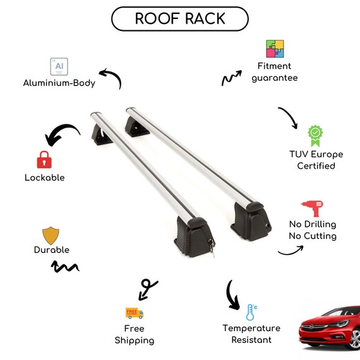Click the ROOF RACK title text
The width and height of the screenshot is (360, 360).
click(180, 18)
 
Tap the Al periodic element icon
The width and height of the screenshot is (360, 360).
click(59, 66)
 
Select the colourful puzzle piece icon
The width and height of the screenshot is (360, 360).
click(275, 49)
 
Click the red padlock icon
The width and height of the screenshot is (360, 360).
click(44, 160)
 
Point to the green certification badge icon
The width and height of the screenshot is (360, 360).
click(315, 136)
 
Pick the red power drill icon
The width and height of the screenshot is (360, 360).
click(312, 208)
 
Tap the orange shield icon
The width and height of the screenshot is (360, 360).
click(51, 236)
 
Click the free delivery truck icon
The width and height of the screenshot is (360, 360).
click(135, 313)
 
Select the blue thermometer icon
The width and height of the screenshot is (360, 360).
click(251, 312)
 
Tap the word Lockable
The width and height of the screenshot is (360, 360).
click(45, 177)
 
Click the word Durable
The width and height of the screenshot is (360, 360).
click(52, 250)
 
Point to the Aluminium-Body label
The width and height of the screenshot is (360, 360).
click(59, 83)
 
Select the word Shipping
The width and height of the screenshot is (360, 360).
click(135, 340)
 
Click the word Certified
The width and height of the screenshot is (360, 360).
click(316, 165)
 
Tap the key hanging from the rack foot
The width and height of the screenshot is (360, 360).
click(212, 248)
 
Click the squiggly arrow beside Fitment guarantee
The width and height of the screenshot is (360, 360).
click(231, 78)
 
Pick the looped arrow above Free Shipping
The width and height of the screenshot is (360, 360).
click(147, 288)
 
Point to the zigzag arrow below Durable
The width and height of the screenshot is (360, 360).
click(65, 267)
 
